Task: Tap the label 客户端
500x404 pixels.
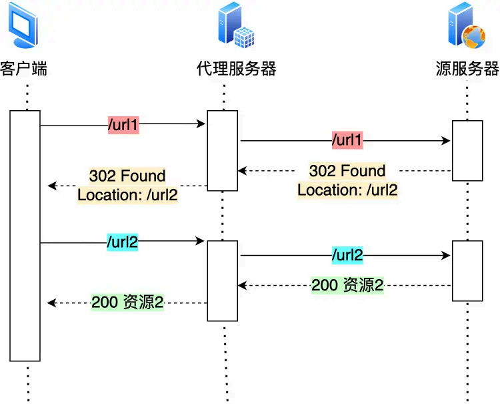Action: coord(24,69)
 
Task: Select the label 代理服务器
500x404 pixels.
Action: coord(236,69)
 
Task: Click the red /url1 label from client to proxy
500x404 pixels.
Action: coord(123,125)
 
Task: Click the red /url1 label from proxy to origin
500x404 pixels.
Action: coord(347,141)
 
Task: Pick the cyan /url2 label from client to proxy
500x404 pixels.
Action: coord(123,242)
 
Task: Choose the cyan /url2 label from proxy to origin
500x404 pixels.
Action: coord(347,255)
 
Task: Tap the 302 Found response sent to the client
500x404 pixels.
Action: coord(127,176)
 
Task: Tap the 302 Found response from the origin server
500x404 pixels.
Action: coord(347,171)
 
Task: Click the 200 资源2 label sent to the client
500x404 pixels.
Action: coord(127,302)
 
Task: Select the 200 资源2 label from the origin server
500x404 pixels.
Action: coord(347,285)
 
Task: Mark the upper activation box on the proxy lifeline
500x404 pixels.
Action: coord(222,150)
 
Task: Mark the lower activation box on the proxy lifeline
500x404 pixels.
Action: coord(222,280)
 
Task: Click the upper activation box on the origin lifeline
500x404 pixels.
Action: coord(467,150)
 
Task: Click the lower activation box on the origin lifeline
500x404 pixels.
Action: coord(467,270)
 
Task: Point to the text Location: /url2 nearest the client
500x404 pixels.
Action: coord(127,195)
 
